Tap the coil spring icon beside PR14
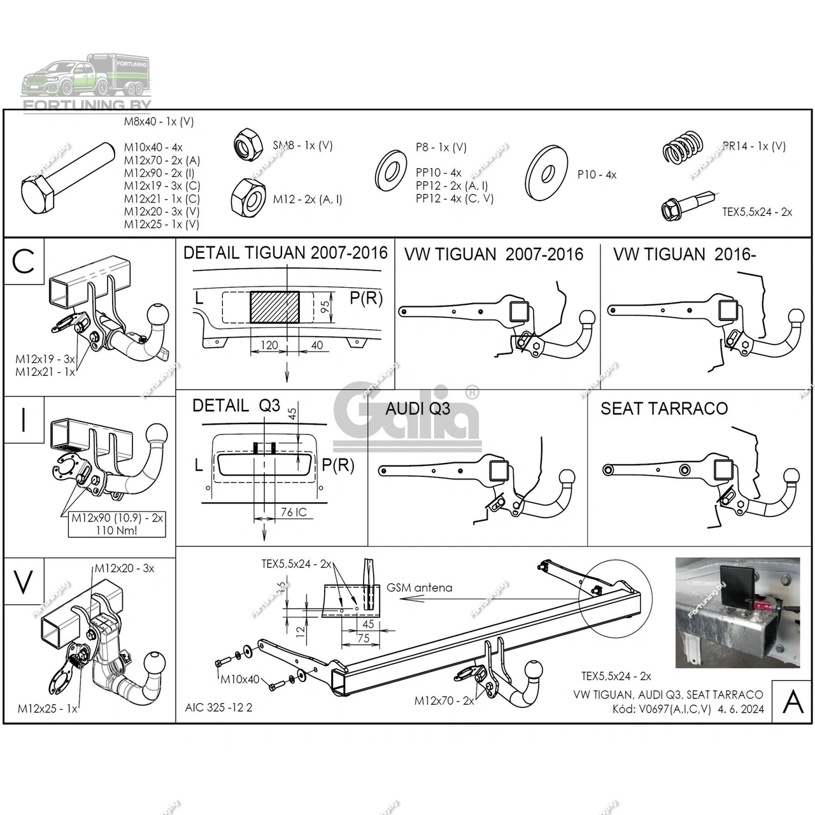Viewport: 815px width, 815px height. coord(682,148)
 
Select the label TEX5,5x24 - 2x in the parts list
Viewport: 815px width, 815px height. coord(757,212)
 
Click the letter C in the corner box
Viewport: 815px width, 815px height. coord(24,260)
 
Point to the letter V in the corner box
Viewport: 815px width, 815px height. coord(24,582)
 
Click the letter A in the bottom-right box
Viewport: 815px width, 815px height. coord(792,702)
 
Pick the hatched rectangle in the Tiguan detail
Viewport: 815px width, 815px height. coord(274,307)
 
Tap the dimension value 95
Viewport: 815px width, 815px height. coord(325,308)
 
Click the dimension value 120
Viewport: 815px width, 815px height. coord(269,345)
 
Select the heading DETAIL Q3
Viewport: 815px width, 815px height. coord(236,406)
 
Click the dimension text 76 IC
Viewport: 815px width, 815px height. coord(294,512)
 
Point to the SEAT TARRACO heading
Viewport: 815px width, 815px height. coord(663,408)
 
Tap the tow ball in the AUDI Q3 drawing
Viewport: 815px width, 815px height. coord(566,476)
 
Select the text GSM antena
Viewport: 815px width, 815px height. coord(420,588)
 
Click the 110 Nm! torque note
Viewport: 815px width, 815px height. coord(117,530)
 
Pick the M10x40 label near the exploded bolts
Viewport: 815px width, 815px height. coord(240,679)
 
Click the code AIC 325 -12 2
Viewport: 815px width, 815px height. coord(218,707)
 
